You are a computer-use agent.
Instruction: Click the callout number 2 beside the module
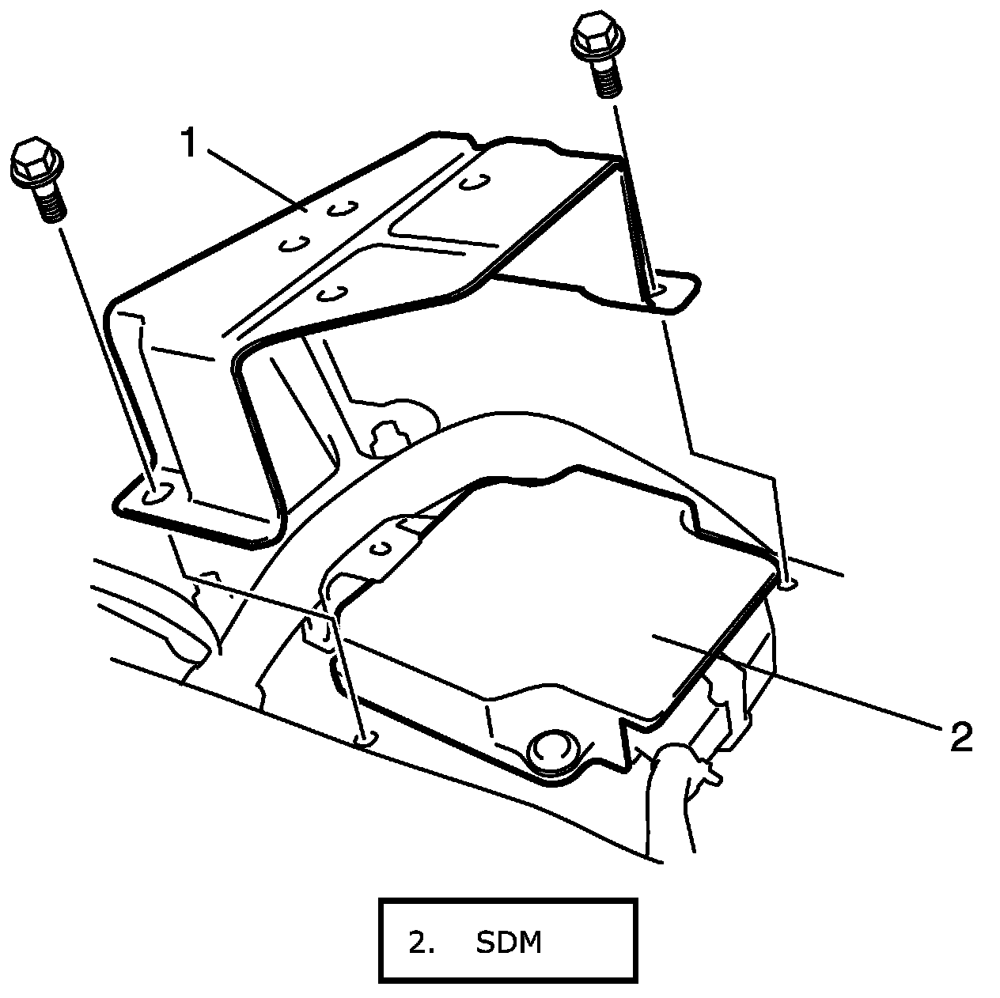(x=960, y=737)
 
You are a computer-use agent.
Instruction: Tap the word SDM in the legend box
(x=509, y=943)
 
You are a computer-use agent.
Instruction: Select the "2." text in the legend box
(x=422, y=943)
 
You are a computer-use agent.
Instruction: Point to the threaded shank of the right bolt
(x=607, y=77)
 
